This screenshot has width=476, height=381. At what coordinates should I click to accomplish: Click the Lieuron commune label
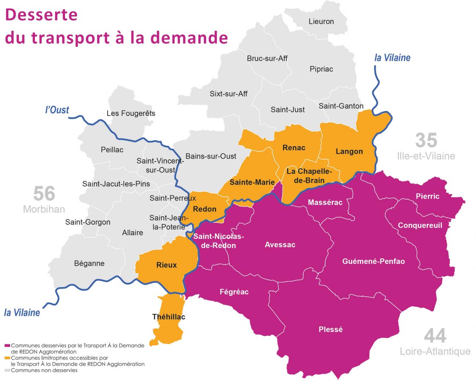click(x=321, y=22)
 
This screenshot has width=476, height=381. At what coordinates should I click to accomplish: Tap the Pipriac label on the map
click(x=321, y=69)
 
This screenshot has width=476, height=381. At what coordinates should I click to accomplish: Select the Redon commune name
click(x=204, y=209)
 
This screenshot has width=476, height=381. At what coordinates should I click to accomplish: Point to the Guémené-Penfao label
click(x=373, y=261)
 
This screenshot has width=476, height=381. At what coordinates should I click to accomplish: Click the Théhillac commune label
click(x=169, y=317)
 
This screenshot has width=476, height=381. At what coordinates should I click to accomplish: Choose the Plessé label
click(x=331, y=329)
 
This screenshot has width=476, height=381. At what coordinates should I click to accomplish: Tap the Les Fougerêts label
click(x=131, y=113)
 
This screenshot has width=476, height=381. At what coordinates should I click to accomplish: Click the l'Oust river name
click(x=57, y=110)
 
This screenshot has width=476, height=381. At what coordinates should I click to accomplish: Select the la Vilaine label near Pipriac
click(x=392, y=58)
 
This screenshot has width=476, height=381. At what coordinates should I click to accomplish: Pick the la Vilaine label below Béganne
click(x=22, y=312)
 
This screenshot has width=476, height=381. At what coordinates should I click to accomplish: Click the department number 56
click(x=44, y=194)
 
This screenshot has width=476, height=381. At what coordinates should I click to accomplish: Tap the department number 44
click(x=435, y=336)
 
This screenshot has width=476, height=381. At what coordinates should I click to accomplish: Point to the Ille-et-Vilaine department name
click(x=426, y=156)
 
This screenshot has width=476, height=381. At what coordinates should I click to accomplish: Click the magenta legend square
click(x=7, y=345)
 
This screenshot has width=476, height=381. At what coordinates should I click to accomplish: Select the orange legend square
click(x=7, y=358)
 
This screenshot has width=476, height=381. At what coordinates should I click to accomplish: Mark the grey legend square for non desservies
click(x=7, y=370)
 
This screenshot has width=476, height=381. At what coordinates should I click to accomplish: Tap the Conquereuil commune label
click(x=420, y=225)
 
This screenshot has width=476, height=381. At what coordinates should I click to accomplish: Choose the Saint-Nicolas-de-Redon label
click(x=219, y=241)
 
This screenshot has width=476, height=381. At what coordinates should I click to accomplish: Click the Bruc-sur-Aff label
click(x=267, y=58)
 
